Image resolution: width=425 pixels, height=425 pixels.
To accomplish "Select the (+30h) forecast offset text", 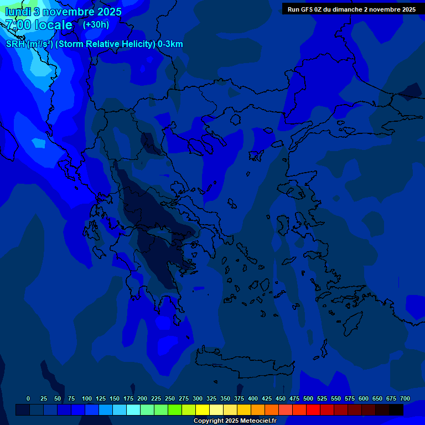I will pos(96,24).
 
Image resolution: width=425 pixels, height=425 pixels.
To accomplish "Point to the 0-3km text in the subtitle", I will pos(170,44).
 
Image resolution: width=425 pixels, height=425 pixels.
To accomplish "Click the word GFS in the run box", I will pos(307,9).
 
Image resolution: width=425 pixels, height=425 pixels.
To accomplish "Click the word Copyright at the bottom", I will pos(209,421).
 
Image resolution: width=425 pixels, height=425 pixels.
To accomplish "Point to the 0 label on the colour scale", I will pos(28,398).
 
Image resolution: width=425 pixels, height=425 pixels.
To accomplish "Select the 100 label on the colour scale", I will pos(87,398).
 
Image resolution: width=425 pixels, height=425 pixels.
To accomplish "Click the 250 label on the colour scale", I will pos(170,398).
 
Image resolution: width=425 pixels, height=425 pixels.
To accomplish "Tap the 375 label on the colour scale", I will pos(239,398).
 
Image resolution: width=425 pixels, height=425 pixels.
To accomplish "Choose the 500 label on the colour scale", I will pos(308,398).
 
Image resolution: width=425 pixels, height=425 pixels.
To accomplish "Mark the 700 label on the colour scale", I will pos(405,398).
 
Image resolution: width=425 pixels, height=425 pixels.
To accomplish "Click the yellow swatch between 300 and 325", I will pos(203,410).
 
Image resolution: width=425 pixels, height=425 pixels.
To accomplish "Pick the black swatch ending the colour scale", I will pos(396,410).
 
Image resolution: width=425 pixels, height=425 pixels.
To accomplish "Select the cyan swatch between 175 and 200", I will pos(133,410).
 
